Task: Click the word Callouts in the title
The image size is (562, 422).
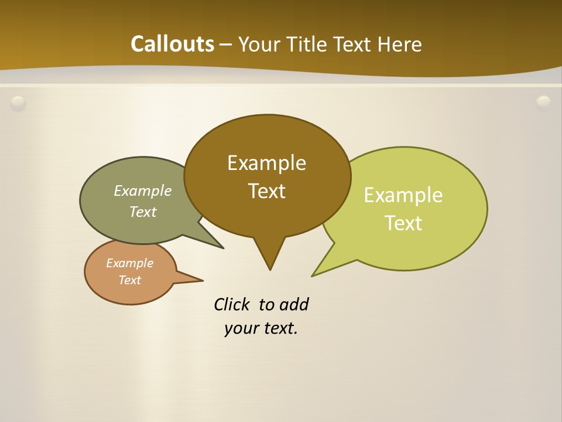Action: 172,44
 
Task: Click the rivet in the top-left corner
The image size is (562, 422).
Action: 18,103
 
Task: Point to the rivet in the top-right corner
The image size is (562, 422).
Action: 544,103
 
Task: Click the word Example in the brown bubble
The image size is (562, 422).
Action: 266,163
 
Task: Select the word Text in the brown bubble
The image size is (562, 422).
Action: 266,191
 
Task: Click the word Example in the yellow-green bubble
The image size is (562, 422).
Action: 403,195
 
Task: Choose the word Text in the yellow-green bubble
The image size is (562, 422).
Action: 403,223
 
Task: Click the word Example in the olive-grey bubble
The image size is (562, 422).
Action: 143,190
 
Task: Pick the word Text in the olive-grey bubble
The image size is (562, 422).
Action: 143,212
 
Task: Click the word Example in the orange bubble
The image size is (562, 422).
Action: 129,263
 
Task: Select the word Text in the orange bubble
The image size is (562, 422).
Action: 129,280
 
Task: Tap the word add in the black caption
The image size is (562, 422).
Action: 294,304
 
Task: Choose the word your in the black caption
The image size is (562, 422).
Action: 241,328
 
